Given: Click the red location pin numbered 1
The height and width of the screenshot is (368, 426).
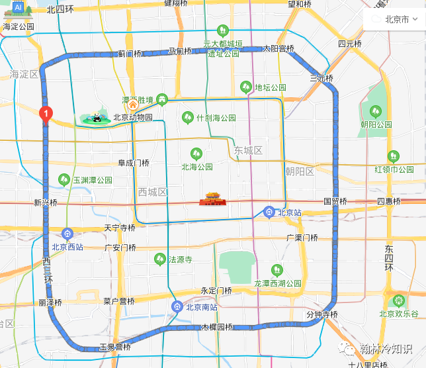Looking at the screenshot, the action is point(45,115).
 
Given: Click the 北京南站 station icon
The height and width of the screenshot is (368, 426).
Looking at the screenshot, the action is point(177,306).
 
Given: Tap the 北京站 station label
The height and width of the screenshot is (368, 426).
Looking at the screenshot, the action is point(290,212).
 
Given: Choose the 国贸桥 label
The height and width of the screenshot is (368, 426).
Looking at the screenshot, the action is point(335,201).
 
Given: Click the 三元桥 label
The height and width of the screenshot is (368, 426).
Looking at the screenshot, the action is point(321,78).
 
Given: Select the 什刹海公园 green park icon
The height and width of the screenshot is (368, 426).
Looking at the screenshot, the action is point(187,117).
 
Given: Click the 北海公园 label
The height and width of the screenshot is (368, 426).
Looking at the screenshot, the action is point(197,167).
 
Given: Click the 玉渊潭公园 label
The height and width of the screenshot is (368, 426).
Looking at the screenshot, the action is point(92,179).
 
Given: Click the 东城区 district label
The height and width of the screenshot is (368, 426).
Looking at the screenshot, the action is point(248,151).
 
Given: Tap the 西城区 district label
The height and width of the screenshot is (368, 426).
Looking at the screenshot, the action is point(153,192).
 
